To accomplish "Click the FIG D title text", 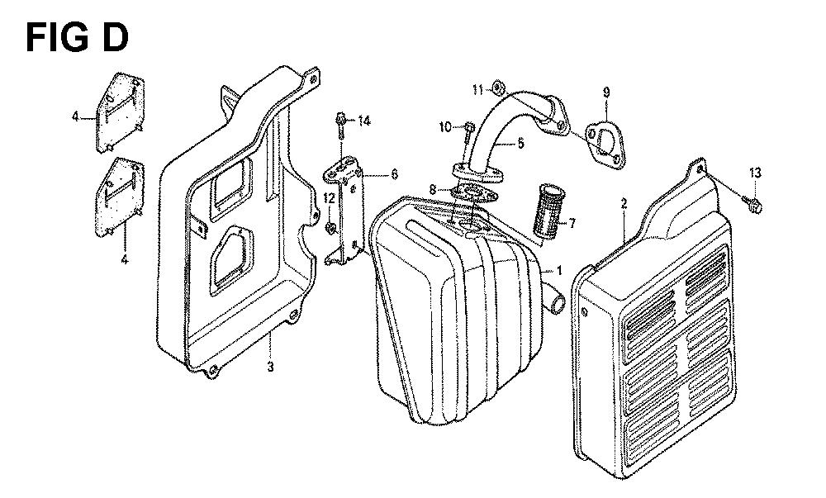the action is (77, 38).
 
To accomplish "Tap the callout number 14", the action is (364, 121).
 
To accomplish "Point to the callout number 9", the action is (606, 92).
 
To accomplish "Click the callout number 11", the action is (477, 90).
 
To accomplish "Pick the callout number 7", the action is (572, 224).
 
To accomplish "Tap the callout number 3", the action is (270, 367).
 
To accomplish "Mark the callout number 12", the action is (330, 199).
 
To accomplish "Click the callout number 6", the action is (395, 173).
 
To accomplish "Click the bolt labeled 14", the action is (339, 126).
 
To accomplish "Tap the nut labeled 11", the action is (497, 88).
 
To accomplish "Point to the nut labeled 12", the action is (330, 228).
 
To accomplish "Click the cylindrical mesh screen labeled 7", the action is (549, 211).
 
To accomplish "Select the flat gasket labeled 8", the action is (474, 194).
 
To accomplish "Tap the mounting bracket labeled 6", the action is (344, 210).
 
